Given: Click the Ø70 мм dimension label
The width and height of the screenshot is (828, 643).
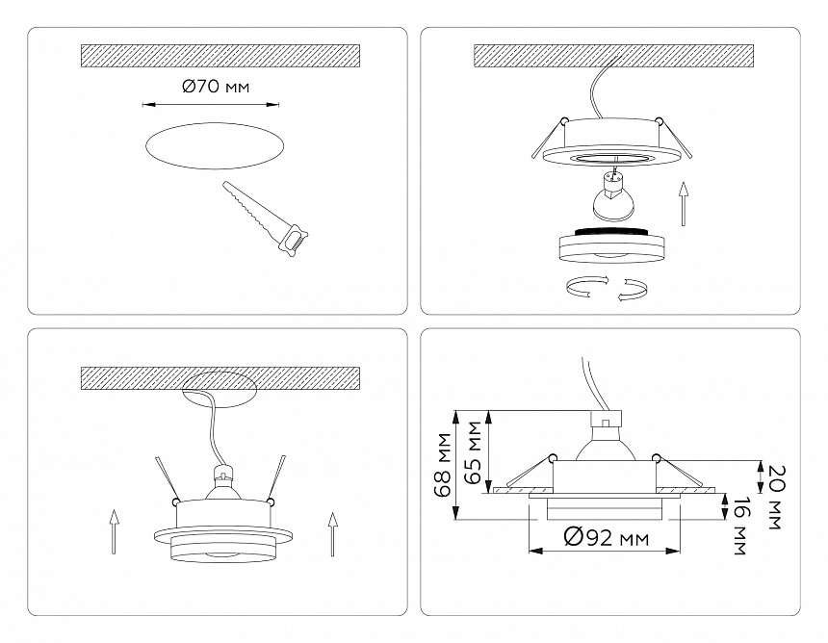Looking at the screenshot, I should point(216,88).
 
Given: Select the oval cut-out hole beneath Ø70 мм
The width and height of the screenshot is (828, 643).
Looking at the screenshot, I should point(216,148).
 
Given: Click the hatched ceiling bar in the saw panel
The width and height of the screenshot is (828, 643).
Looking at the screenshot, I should point(220,55).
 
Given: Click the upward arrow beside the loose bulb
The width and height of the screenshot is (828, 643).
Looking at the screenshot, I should point(683,203).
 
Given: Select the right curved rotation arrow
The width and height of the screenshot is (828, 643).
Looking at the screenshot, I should point(632,289).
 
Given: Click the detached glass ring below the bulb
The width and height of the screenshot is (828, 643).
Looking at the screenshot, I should point(609,245).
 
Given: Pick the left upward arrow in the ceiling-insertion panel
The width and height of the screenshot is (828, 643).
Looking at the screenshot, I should point(114,532).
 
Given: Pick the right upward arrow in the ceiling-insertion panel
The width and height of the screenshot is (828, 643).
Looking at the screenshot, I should point(333,533).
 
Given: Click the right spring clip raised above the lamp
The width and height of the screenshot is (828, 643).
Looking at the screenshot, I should point(277,476).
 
